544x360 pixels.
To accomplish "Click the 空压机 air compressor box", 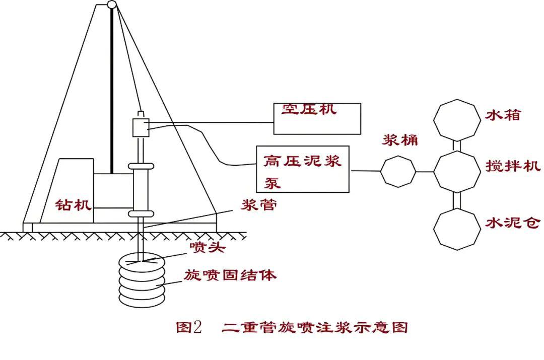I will coord(317,119).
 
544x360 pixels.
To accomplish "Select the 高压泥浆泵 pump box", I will coord(303,169).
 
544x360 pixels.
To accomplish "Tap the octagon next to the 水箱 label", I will coord(457,119).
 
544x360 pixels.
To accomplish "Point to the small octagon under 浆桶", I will coord(398,172).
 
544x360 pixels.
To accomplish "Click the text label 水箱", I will coord(502,115).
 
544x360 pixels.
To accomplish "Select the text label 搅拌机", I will coord(513,166).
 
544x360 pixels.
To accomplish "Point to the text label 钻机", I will coord(74,204).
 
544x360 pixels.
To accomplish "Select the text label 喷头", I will coord(205,247).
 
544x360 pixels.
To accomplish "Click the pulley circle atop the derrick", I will coord(112,5).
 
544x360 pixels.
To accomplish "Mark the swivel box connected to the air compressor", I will coord(141,127).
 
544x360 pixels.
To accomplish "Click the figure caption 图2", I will coord(189,327).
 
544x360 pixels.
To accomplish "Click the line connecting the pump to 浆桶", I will coord(365,171).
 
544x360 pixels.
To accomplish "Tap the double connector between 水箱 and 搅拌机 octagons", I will coord(457,145).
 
